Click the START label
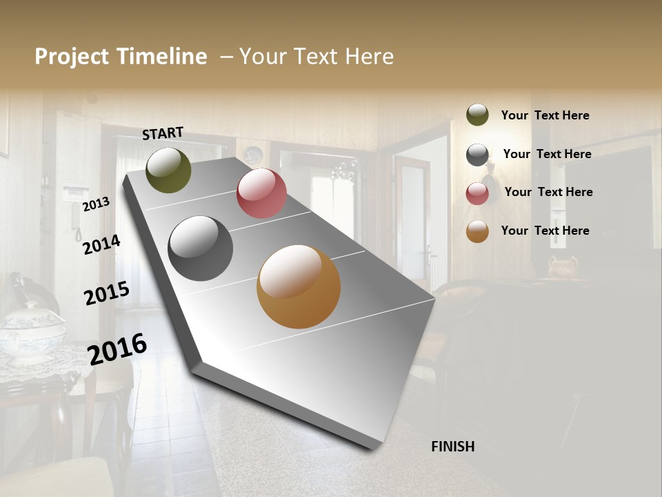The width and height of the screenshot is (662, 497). [163, 133]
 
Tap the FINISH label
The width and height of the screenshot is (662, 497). [452, 447]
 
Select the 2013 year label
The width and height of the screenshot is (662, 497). [96, 204]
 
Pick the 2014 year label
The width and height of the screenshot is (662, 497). [101, 244]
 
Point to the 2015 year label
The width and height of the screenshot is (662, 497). [107, 293]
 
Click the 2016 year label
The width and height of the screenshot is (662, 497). [117, 349]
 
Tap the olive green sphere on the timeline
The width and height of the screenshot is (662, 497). [168, 170]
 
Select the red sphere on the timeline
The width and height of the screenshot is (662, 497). [261, 193]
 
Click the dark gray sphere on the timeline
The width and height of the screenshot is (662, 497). [200, 248]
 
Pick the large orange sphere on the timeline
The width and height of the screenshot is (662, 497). [299, 286]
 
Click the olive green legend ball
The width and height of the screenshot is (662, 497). [477, 115]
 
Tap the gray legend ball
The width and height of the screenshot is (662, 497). [477, 155]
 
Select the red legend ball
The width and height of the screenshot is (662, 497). [477, 193]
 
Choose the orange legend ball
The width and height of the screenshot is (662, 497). [477, 232]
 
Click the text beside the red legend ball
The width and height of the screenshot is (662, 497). [548, 192]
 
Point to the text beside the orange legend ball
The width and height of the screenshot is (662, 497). [545, 231]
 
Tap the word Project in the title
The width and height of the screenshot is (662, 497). [72, 57]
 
